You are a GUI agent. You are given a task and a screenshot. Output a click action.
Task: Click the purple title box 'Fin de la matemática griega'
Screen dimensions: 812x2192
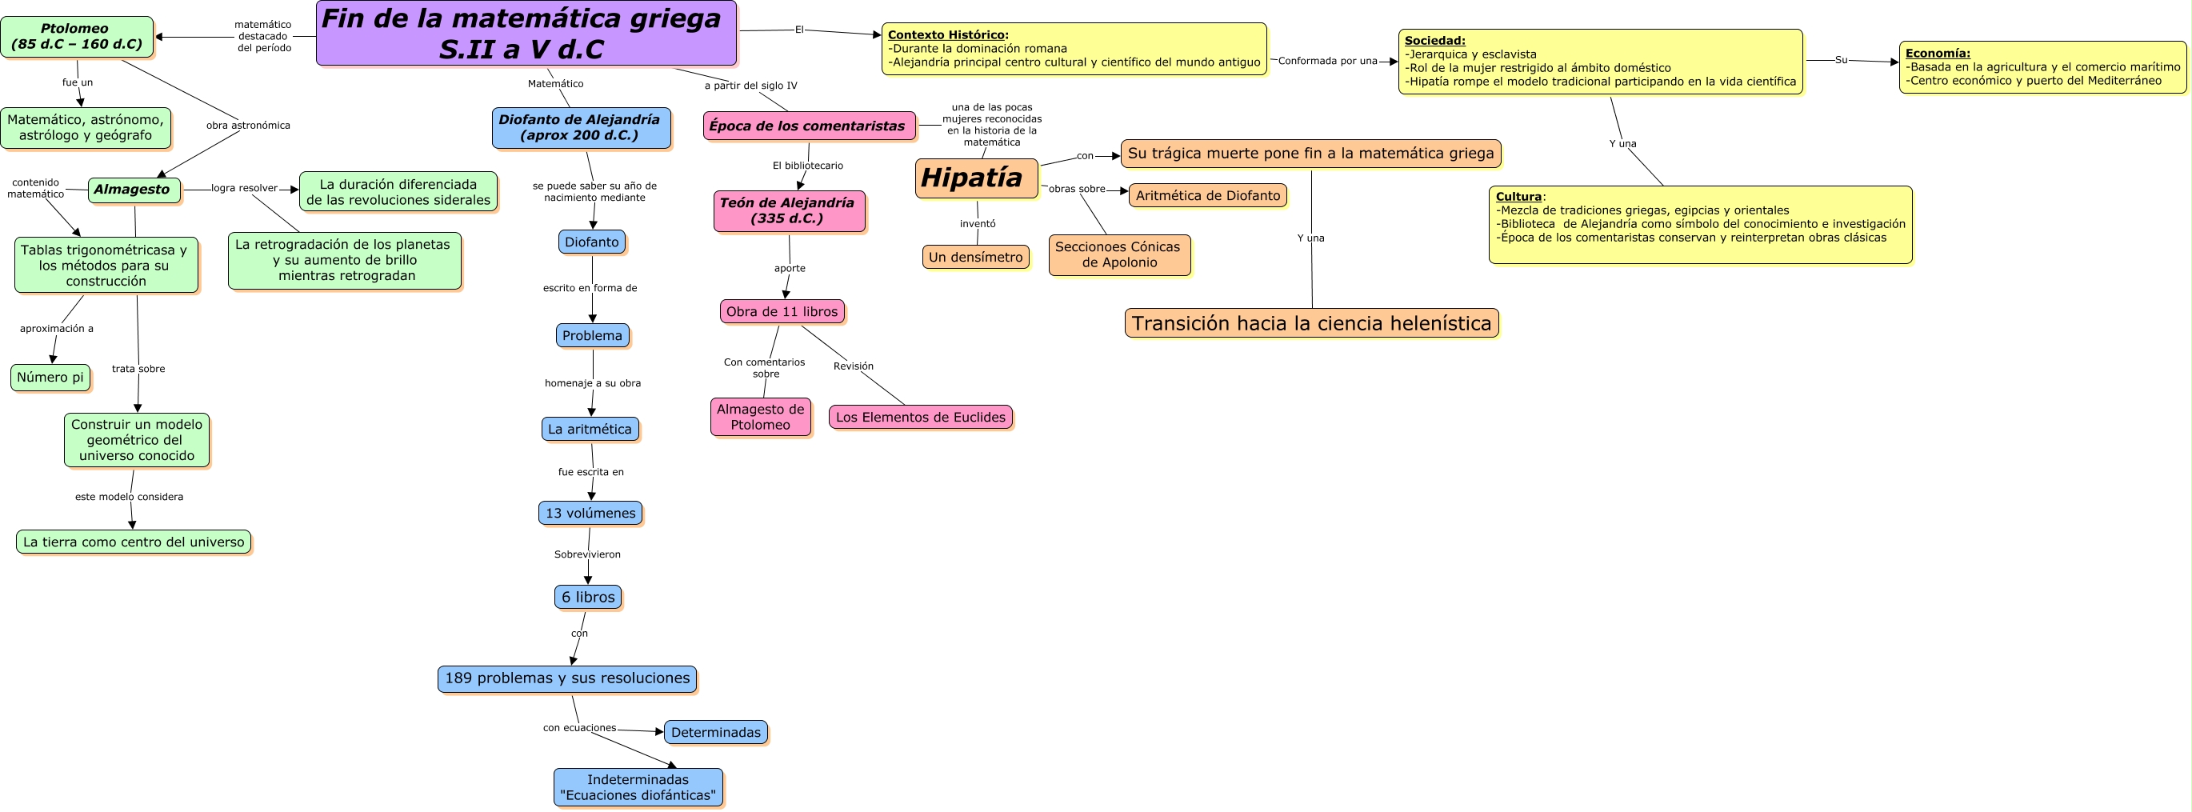[526, 33]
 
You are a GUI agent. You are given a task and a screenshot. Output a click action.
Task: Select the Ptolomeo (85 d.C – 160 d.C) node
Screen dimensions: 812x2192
[77, 37]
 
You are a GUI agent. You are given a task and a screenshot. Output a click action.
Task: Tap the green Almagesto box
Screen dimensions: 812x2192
[134, 190]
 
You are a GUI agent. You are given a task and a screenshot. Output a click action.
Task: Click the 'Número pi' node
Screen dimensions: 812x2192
[50, 378]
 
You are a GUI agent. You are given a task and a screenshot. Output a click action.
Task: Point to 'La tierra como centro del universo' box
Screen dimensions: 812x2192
[134, 542]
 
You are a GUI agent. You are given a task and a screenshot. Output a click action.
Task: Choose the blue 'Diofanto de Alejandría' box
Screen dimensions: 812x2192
[580, 128]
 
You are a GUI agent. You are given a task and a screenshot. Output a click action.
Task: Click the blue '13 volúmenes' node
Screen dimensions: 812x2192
[590, 514]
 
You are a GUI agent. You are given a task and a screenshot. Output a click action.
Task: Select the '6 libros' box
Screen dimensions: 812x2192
[587, 598]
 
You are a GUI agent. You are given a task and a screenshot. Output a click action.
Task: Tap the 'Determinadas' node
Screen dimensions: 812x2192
[716, 733]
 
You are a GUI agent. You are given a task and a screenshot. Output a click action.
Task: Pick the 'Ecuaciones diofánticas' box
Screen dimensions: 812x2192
[638, 788]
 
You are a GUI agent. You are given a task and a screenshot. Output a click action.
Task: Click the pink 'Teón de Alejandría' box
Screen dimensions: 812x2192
[788, 211]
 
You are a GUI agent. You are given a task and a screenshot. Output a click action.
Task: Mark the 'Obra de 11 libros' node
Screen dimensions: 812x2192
[782, 311]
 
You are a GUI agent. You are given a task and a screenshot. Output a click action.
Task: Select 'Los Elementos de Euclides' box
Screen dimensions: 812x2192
[921, 417]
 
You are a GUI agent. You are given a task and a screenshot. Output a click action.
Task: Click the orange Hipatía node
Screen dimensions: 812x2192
[975, 178]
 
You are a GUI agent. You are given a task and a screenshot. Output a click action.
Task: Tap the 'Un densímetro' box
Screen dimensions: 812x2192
[975, 257]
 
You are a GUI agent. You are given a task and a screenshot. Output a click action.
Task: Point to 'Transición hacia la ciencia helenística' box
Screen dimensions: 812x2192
[1311, 323]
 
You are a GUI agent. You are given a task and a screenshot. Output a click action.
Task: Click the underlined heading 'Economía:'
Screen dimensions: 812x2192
[1938, 54]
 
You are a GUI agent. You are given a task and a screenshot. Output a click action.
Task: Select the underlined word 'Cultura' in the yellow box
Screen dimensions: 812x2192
[1519, 197]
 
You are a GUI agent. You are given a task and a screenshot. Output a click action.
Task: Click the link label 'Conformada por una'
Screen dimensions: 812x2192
[1327, 62]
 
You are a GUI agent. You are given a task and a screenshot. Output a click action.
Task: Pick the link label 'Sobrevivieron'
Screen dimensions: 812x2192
[587, 555]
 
